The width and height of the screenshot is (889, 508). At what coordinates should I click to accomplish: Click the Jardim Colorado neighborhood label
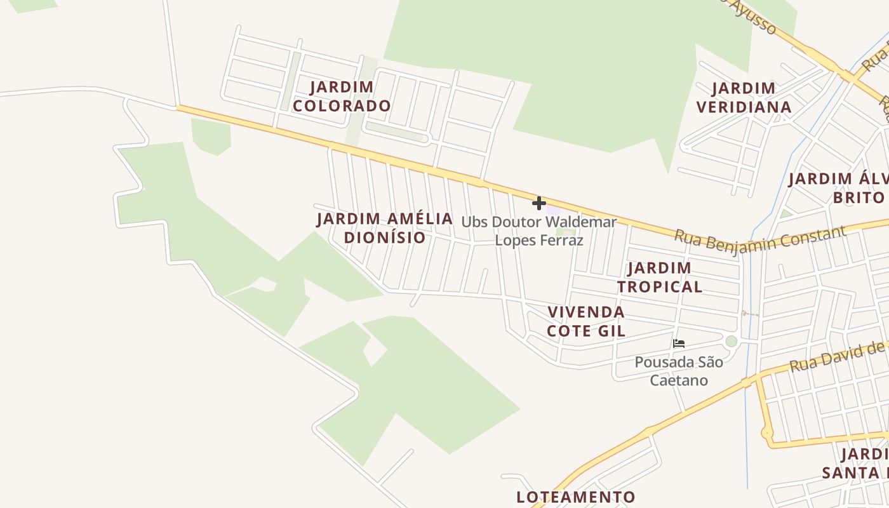click(342, 97)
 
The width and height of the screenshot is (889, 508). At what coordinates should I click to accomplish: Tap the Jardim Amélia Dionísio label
click(385, 228)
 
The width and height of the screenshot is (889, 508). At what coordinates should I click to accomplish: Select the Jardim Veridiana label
click(744, 98)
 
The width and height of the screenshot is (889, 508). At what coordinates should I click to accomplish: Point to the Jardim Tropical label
click(659, 277)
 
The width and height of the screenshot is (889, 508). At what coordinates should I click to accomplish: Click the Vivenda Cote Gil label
click(586, 321)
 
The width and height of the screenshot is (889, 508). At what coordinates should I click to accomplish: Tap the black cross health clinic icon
click(539, 203)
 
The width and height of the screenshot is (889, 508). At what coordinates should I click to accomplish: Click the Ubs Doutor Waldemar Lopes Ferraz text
click(538, 231)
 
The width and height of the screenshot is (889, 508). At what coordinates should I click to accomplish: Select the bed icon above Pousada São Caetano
click(679, 344)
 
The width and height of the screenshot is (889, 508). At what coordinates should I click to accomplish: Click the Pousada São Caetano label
click(679, 371)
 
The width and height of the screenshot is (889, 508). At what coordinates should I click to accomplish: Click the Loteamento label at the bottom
click(575, 497)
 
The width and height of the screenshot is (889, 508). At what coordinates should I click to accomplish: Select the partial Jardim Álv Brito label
click(838, 188)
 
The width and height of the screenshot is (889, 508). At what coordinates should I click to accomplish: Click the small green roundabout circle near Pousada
click(732, 342)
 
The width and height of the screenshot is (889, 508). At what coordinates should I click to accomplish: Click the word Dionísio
click(385, 237)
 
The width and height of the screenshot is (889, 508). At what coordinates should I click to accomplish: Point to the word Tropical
click(659, 286)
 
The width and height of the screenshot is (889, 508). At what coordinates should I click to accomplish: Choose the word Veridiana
click(744, 107)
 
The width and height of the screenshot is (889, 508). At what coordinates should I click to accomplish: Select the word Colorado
click(342, 106)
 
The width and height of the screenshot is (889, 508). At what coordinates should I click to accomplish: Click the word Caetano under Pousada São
click(679, 380)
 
